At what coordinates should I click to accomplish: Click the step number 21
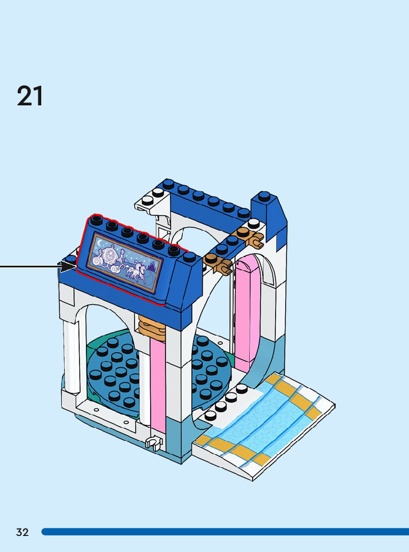[x=30, y=96]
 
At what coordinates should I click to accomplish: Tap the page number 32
[x=22, y=532]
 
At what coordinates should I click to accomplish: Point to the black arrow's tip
[x=74, y=265]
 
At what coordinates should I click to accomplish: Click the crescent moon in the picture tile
[x=101, y=241]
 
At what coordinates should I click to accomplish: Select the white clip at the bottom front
[x=153, y=443]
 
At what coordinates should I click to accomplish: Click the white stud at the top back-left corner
[x=148, y=200]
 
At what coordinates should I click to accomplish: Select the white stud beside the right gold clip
[x=253, y=224]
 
